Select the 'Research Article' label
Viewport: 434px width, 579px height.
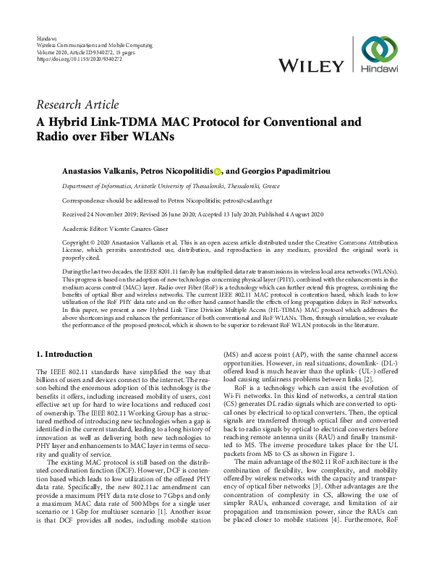tap(77, 105)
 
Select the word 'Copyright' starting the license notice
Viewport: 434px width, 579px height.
tap(78, 243)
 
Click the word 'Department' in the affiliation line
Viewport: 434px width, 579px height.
tap(79, 185)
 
